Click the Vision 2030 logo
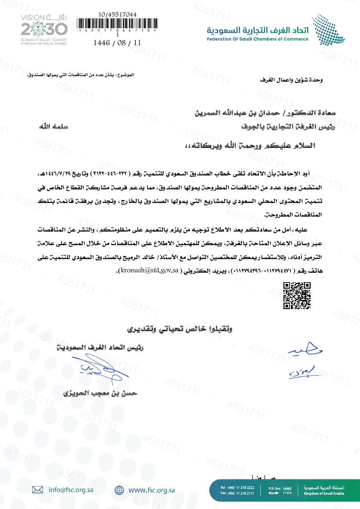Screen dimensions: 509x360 click(x=44, y=29)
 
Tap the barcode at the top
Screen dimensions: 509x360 click(x=117, y=24)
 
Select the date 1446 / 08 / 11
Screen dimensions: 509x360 click(x=117, y=43)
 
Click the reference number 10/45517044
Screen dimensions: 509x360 click(x=117, y=15)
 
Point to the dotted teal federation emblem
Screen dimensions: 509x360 click(x=328, y=30)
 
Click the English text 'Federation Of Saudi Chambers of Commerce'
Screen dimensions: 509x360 click(x=257, y=39)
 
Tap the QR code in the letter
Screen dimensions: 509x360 click(x=297, y=295)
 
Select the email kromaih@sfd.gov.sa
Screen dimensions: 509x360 click(x=149, y=271)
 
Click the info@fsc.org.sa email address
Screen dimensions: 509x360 click(x=71, y=490)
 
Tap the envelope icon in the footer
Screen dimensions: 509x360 click(x=37, y=490)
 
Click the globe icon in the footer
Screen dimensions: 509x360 click(x=119, y=490)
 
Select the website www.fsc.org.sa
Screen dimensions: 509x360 click(x=151, y=490)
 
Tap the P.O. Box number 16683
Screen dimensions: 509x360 click(x=287, y=489)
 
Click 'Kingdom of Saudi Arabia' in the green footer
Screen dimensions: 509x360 click(x=324, y=493)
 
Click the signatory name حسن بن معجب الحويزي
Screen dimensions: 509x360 click(x=100, y=393)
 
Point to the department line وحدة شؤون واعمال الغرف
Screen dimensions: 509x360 click(x=291, y=80)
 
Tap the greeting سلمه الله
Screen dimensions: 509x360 click(x=53, y=127)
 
